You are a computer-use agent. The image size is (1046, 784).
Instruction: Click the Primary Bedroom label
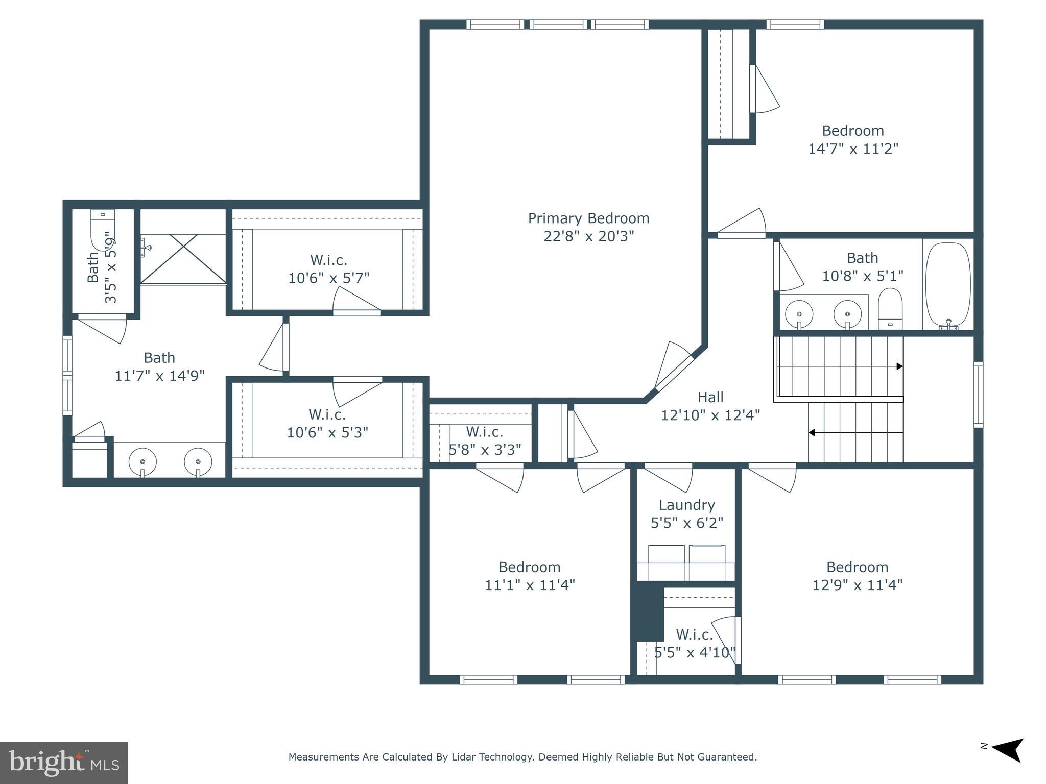point(588,218)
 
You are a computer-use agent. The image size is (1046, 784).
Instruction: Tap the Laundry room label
point(686,505)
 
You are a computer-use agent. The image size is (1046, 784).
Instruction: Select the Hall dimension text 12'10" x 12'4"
point(710,415)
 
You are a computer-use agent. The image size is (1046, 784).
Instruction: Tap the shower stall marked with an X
point(183,258)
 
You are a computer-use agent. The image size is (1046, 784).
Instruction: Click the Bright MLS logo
point(64,763)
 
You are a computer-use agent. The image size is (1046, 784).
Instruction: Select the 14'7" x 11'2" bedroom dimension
point(853,149)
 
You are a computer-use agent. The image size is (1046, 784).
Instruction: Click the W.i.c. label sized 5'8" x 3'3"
point(485,440)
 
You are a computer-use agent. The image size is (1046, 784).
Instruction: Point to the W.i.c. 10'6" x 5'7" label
point(328,269)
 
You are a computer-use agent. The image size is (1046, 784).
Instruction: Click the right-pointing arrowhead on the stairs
point(900,366)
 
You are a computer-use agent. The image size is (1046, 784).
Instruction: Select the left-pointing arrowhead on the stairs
point(812,433)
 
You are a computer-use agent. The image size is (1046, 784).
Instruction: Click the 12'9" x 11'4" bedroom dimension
point(858,584)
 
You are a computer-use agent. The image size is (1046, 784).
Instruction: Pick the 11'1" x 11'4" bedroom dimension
point(530,584)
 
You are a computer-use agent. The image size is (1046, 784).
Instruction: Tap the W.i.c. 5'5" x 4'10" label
point(695,644)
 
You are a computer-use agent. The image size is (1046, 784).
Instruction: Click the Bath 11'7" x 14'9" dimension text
point(159,376)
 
